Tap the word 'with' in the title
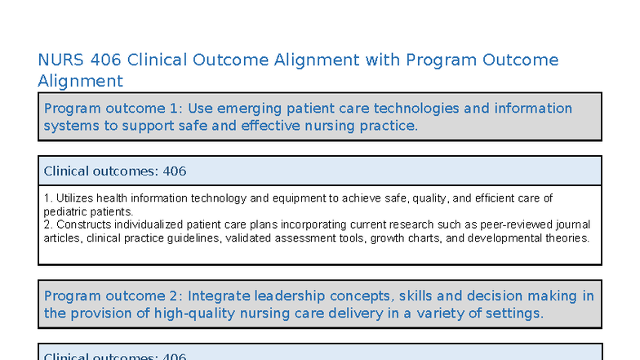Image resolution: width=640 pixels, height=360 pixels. [x=380, y=60]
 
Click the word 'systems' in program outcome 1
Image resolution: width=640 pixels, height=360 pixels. [x=70, y=126]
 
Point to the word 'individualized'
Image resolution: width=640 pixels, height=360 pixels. [x=146, y=224]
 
